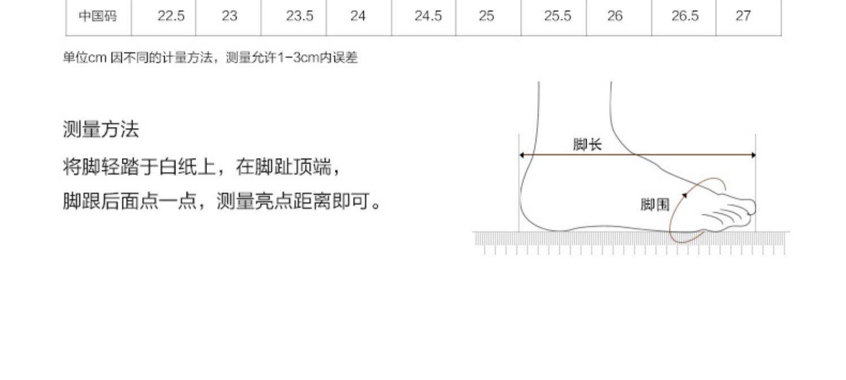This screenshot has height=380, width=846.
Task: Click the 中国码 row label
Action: click(x=98, y=16)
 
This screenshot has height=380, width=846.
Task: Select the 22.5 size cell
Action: click(x=171, y=16)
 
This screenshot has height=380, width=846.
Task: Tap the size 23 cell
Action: click(x=229, y=16)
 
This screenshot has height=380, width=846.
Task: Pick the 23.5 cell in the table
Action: click(x=299, y=16)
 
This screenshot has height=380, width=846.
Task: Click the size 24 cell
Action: click(x=358, y=16)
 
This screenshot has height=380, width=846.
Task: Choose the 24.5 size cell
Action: click(x=428, y=16)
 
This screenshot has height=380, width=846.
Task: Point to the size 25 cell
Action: click(x=486, y=16)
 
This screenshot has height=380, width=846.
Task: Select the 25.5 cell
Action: click(x=557, y=16)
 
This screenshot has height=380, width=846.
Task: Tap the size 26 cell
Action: click(x=615, y=16)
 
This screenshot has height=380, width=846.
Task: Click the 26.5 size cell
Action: click(x=685, y=16)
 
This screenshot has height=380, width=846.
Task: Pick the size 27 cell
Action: click(x=743, y=16)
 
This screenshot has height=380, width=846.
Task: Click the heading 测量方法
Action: click(x=100, y=130)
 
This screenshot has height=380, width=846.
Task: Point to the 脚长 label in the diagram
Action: click(x=587, y=145)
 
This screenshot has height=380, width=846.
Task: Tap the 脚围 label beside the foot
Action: click(x=654, y=204)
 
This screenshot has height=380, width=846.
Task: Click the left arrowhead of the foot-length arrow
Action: click(x=522, y=155)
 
